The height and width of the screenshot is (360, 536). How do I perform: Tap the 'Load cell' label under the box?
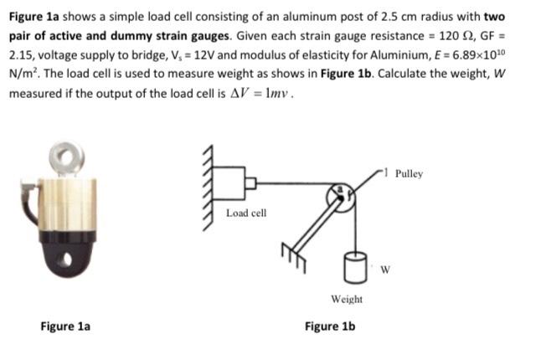coord(246,213)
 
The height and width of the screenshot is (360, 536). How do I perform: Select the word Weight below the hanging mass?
coord(347,299)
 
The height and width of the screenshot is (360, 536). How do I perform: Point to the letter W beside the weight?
coord(384,269)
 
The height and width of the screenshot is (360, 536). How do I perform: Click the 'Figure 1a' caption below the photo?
coord(65,326)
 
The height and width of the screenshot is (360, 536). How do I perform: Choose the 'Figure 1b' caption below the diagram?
coord(329,326)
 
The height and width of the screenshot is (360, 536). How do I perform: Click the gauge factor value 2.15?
coord(23,54)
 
